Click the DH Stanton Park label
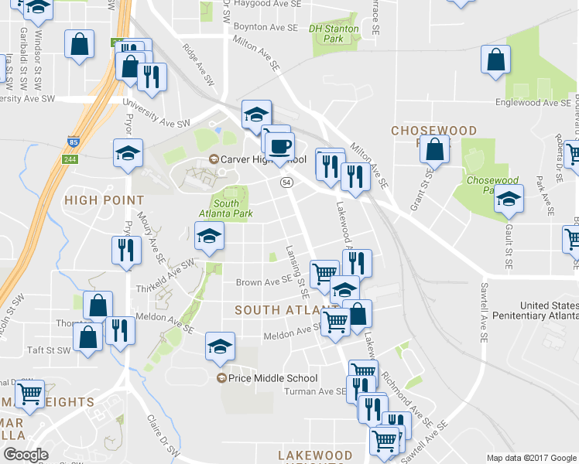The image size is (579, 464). coord(334,33)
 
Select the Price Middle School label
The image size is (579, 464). coord(269,378)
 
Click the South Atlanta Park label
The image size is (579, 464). coord(227,209)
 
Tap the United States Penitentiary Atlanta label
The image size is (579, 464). coord(539,311)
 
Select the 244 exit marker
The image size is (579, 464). coord(70,159)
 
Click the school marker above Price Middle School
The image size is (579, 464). coord(220,346)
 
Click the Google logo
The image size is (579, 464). coord(26,455)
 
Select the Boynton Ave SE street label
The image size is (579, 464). coord(265,27)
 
